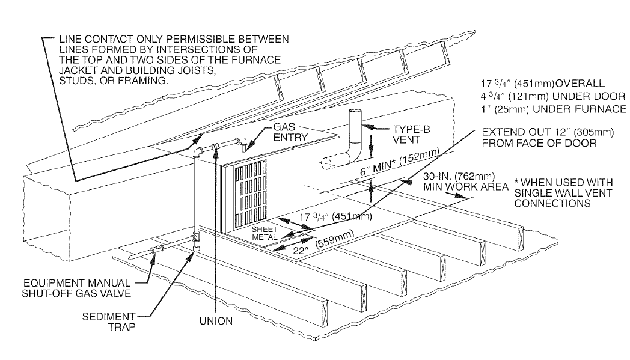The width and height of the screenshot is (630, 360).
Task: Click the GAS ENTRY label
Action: click(x=291, y=132)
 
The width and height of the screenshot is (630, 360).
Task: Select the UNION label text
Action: click(x=215, y=322)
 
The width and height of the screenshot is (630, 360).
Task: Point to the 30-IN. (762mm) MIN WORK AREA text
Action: click(x=458, y=182)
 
